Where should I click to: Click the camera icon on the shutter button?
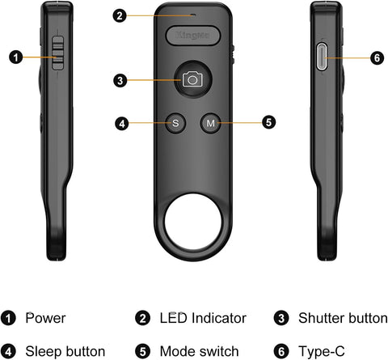tap(192, 79)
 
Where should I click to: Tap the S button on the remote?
tap(177, 124)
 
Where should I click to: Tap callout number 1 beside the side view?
tap(15, 57)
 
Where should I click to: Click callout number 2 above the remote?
tap(120, 15)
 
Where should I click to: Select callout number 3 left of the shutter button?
tap(120, 80)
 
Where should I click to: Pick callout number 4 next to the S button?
tap(122, 124)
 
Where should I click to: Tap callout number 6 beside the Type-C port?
tap(376, 58)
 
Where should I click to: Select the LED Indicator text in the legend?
tap(203, 318)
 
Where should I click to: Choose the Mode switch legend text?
tap(200, 351)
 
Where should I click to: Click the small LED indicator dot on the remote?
tap(192, 14)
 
